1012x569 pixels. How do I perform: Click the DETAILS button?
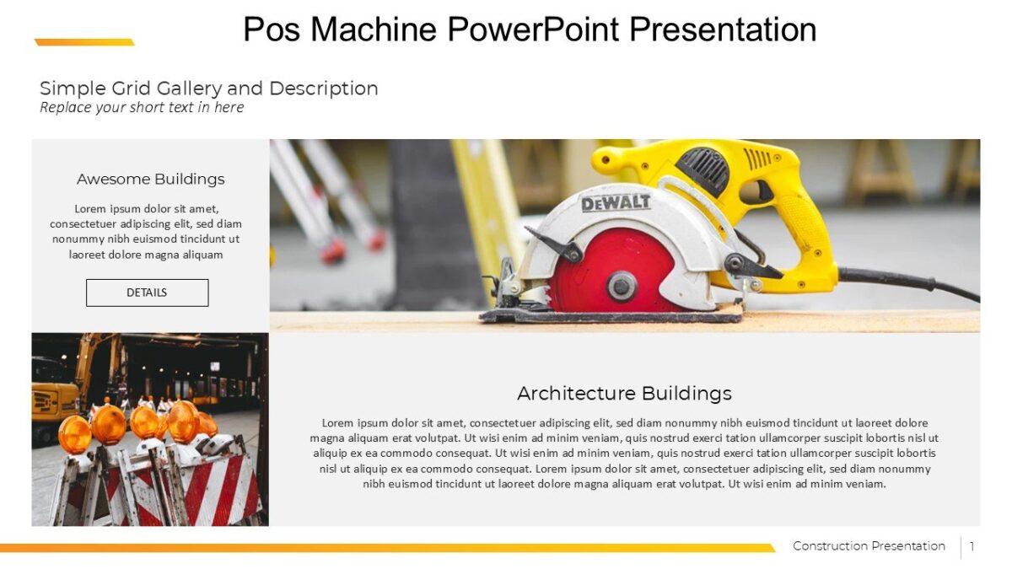[147, 293]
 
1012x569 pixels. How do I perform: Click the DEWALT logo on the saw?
[616, 202]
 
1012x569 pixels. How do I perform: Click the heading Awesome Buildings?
[150, 179]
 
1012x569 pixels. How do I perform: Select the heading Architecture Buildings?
[624, 393]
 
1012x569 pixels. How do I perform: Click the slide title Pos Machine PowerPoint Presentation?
[530, 29]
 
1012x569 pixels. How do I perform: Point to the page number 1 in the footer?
[972, 546]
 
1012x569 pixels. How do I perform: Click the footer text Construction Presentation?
[869, 546]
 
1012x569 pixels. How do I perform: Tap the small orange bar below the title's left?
[84, 42]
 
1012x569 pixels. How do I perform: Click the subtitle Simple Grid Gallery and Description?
[208, 89]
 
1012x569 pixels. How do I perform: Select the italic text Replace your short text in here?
[142, 107]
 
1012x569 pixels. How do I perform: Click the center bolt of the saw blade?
[622, 286]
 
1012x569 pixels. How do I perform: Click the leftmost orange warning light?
[74, 434]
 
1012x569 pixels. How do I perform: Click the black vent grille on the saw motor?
[704, 169]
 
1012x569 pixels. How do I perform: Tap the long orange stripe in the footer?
[379, 548]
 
